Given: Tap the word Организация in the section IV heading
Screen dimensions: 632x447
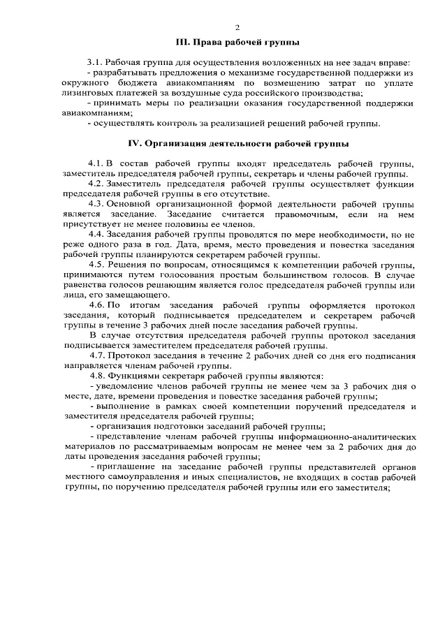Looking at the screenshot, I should pyautogui.click(x=188, y=145).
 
